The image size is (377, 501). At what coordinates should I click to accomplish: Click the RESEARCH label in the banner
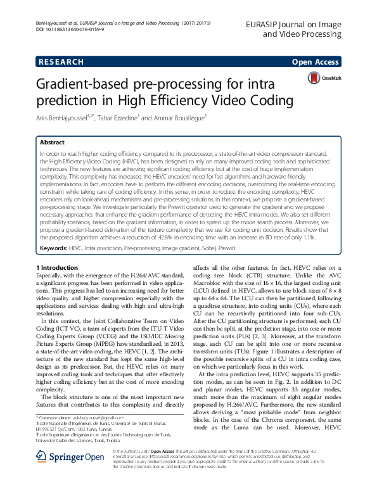[61, 62]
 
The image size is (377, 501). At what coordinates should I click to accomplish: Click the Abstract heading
[52, 143]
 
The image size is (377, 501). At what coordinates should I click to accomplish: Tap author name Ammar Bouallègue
[180, 118]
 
